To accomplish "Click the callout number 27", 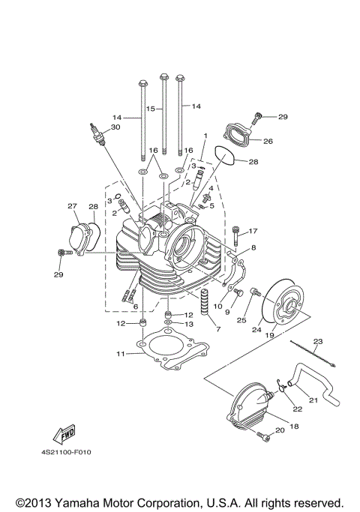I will pyautogui.click(x=73, y=206).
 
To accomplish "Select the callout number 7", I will pyautogui.click(x=218, y=329).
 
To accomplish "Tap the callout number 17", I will pyautogui.click(x=253, y=231).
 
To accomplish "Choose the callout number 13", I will pyautogui.click(x=190, y=324).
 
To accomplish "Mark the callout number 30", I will pyautogui.click(x=115, y=128).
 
